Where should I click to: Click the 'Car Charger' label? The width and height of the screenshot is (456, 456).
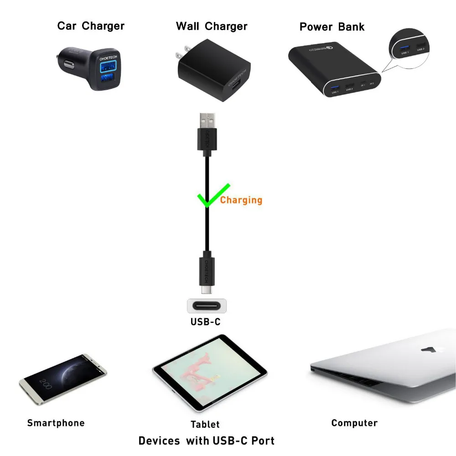[x=91, y=26]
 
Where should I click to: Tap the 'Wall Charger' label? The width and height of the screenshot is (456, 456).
[x=212, y=26]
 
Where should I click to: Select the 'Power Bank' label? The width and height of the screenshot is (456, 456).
[x=332, y=26]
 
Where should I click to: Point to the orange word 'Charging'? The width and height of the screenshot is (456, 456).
[x=241, y=200]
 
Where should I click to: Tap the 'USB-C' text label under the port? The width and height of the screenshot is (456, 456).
[x=205, y=322]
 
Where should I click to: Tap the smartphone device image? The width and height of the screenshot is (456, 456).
[x=63, y=377]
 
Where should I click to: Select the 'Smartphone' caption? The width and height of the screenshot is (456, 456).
[x=56, y=423]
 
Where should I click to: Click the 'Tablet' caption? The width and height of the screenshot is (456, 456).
[x=205, y=425]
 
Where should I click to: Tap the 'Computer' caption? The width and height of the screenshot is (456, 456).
[x=354, y=423]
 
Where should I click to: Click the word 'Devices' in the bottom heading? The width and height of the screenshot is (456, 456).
[x=160, y=440]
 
